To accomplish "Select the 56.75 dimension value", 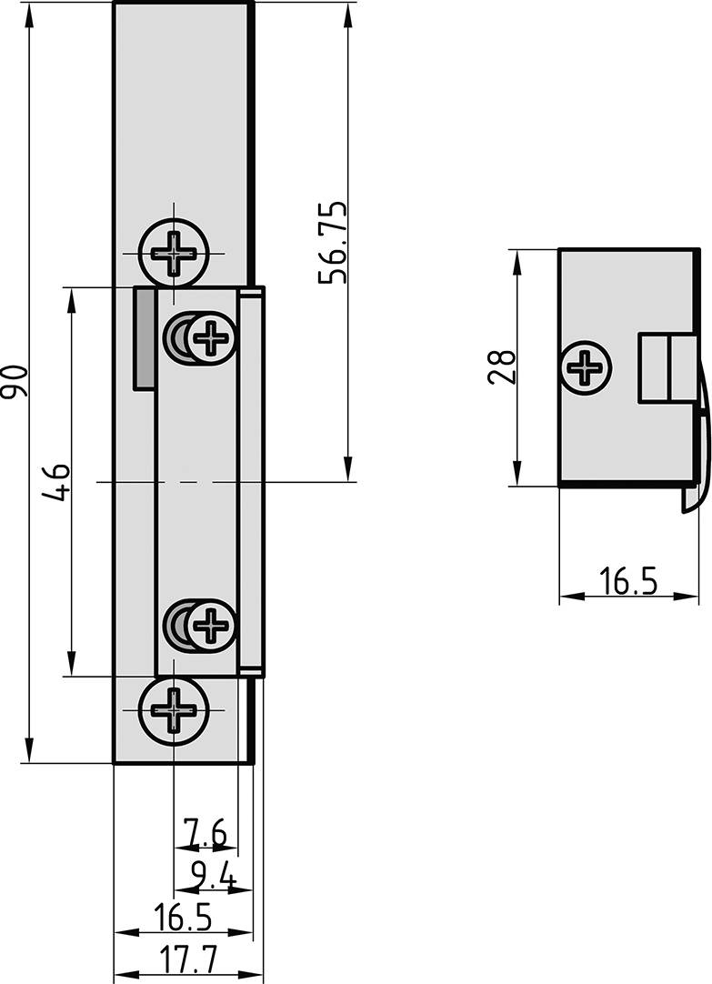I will click(x=333, y=243).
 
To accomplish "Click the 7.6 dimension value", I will click(x=205, y=831).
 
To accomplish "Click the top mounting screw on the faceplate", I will click(x=172, y=252).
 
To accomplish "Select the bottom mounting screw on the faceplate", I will click(x=172, y=710).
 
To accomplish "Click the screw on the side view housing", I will click(x=586, y=368).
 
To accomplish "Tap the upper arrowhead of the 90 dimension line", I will click(x=30, y=11).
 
